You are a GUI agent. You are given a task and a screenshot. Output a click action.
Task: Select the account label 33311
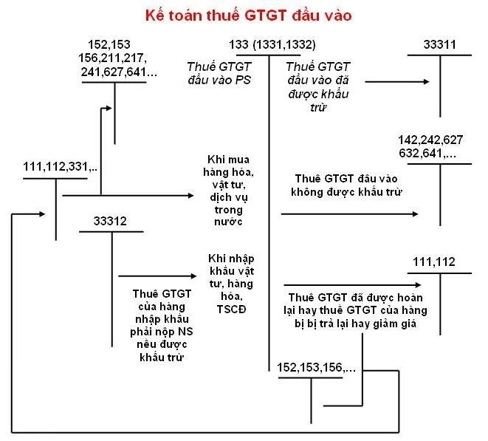click(x=440, y=45)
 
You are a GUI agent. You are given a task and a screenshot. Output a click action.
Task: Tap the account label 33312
click(x=111, y=221)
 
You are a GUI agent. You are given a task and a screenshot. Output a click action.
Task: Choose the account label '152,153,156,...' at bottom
click(x=317, y=366)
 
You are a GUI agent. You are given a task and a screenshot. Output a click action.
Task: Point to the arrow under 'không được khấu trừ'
click(x=347, y=215)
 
